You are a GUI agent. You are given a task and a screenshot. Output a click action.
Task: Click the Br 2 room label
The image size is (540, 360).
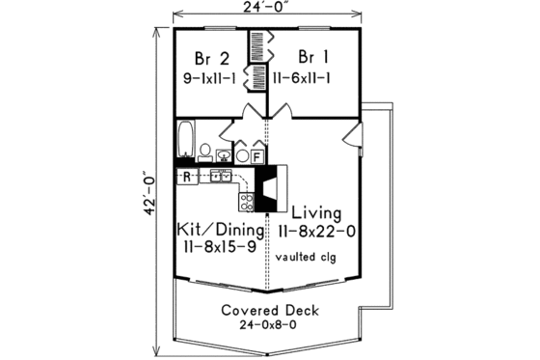click(210, 56)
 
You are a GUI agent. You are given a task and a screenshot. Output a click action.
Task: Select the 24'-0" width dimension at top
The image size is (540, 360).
click(267, 8)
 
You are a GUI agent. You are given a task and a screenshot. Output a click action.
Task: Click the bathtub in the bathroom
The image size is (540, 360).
click(185, 139)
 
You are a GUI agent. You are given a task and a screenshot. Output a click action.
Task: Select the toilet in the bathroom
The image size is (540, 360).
click(205, 150)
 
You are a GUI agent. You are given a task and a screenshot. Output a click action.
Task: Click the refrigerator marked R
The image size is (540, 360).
click(185, 177)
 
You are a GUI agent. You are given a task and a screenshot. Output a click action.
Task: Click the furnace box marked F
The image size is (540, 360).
click(258, 154)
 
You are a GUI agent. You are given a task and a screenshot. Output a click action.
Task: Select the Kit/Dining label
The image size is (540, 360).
click(219, 231)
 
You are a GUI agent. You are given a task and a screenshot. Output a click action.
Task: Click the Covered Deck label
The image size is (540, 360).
click(269, 311)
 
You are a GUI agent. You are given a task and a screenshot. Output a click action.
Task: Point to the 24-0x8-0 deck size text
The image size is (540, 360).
click(269, 326)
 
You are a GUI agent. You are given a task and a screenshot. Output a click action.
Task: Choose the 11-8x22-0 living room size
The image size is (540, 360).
click(316, 233)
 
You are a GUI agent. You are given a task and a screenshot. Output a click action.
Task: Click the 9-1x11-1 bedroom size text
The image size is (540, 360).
click(216, 77)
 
